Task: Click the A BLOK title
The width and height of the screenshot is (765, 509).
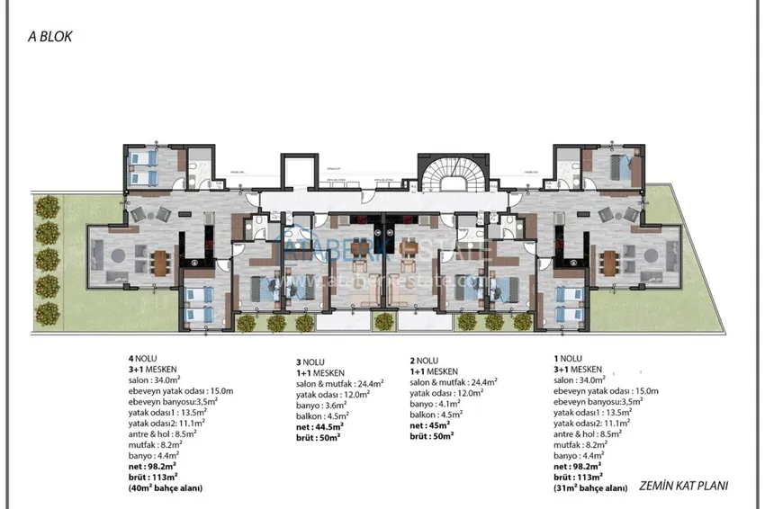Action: pos(49,38)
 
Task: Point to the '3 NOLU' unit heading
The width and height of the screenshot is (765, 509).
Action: pos(311,361)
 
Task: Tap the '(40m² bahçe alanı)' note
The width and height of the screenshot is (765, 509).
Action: pos(165,487)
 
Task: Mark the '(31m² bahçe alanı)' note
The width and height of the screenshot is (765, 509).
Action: pos(591,487)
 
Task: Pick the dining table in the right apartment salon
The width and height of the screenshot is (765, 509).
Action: pos(608,259)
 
